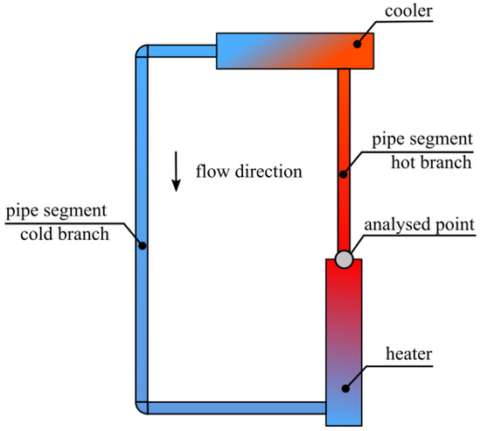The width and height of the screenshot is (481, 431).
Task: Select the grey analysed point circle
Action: pos(345,259)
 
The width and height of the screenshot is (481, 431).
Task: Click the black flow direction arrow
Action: pos(176,172)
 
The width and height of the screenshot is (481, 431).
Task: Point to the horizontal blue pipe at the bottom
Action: pos(236,407)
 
